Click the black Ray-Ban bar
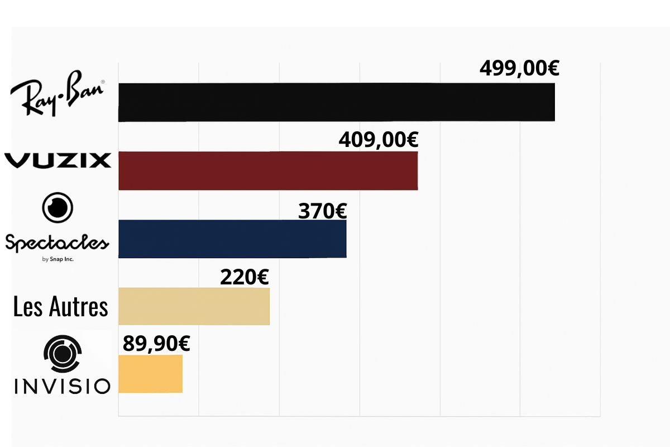(336, 102)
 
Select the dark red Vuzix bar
(268, 170)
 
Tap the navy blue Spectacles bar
(232, 239)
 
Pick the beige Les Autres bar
(194, 306)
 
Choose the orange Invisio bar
(150, 373)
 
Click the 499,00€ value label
(519, 69)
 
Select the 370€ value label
(322, 211)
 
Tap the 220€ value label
(244, 277)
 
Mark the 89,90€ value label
(156, 344)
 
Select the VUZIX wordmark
(58, 160)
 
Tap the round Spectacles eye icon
(58, 207)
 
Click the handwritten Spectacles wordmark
(56, 243)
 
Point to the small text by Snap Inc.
(58, 259)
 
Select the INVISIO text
(62, 386)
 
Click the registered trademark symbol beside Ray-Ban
(102, 83)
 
